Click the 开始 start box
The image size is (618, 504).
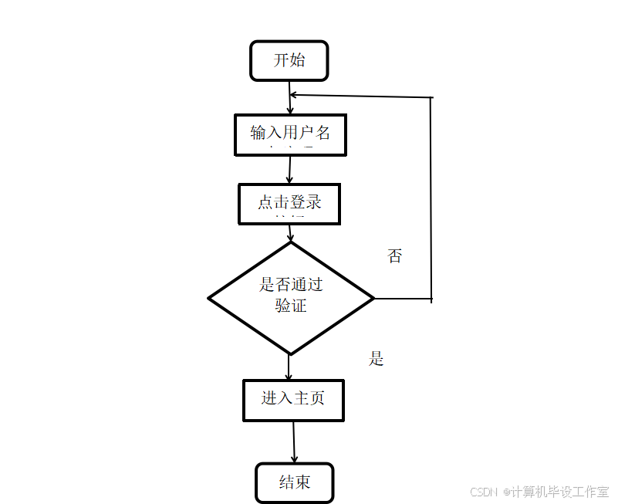pyautogui.click(x=289, y=61)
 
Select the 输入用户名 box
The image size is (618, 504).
pyautogui.click(x=290, y=135)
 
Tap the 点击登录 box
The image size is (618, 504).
pyautogui.click(x=289, y=204)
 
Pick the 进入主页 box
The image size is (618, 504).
pyautogui.click(x=293, y=400)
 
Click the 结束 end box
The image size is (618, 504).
pyautogui.click(x=294, y=483)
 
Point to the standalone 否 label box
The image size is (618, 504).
pyautogui.click(x=395, y=261)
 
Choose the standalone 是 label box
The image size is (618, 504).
pyautogui.click(x=394, y=363)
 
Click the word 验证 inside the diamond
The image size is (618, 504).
pyautogui.click(x=291, y=306)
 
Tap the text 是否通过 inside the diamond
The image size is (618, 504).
pyautogui.click(x=291, y=285)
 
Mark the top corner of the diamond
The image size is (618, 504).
pyautogui.click(x=291, y=245)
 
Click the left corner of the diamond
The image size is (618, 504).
pyautogui.click(x=213, y=299)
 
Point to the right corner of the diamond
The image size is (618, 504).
pyautogui.click(x=370, y=299)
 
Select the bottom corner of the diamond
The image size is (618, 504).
pyautogui.click(x=291, y=351)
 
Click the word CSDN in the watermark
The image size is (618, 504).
pyautogui.click(x=482, y=492)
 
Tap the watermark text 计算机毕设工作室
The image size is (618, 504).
pyautogui.click(x=559, y=492)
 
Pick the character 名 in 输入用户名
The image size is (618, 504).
pyautogui.click(x=323, y=133)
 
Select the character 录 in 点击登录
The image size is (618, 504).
pyautogui.click(x=312, y=203)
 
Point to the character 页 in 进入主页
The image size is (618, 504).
pyautogui.click(x=316, y=399)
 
